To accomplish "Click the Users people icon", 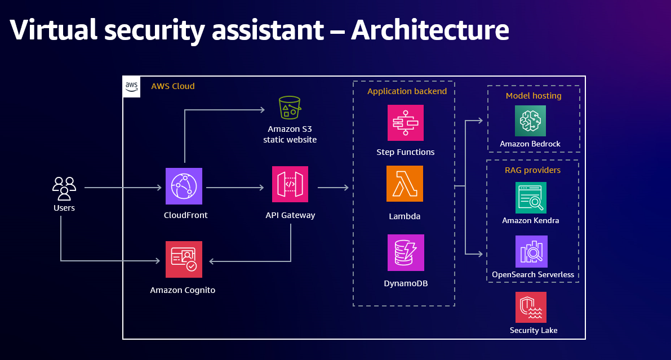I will [x=64, y=188].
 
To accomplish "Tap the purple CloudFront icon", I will [x=184, y=186].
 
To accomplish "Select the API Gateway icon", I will [x=290, y=184].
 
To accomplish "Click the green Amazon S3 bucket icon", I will [x=290, y=107].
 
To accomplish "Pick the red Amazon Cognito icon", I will [x=184, y=259].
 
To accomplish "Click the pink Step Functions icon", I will [x=405, y=122].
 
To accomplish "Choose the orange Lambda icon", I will [x=405, y=184].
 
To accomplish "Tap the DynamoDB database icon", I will [x=406, y=253].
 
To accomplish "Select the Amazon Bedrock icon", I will [x=530, y=121].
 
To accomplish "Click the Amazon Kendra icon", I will [x=531, y=197].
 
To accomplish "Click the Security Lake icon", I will [x=531, y=307].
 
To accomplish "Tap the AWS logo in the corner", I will [x=131, y=86].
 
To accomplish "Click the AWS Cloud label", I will [x=172, y=86].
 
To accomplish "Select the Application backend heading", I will [x=407, y=91].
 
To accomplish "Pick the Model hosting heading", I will [x=534, y=96].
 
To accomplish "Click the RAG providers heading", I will [x=532, y=170].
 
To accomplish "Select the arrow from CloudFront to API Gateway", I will [x=235, y=188].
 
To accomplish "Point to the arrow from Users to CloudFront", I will [x=123, y=188].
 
